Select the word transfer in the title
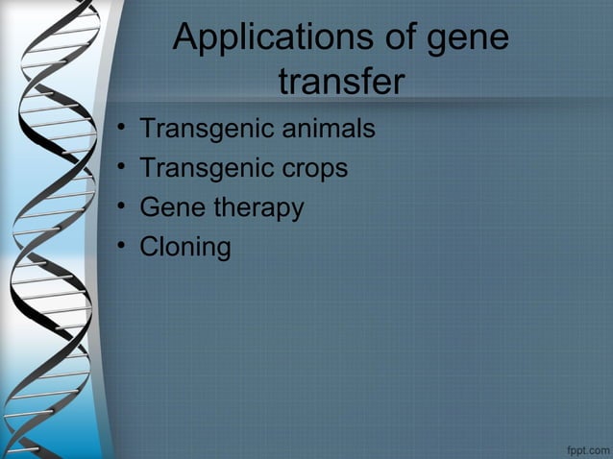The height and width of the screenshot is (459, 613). (x=341, y=83)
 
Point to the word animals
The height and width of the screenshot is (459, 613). (x=324, y=128)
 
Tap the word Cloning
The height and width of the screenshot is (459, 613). (x=185, y=248)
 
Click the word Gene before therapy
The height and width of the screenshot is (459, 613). (x=172, y=207)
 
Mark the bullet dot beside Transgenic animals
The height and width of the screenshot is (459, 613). (x=120, y=129)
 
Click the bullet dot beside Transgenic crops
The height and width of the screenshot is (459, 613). (x=120, y=169)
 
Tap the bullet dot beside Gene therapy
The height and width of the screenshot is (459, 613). (x=120, y=208)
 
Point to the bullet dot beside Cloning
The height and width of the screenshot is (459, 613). (x=120, y=248)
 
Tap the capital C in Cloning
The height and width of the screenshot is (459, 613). (x=149, y=247)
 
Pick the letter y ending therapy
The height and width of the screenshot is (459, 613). (x=297, y=210)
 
